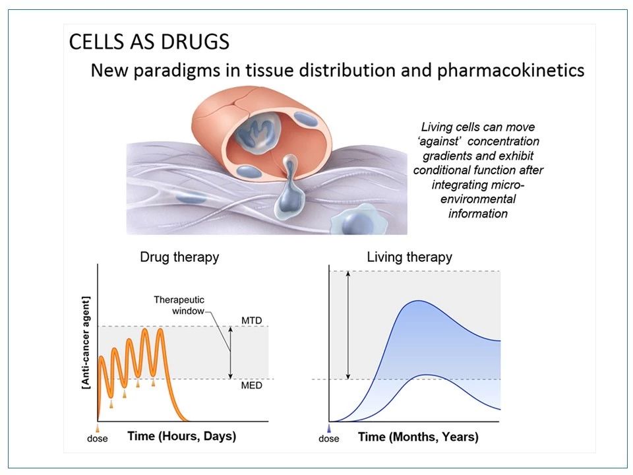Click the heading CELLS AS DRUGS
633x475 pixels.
tap(149, 42)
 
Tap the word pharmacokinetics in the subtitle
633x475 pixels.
tap(510, 71)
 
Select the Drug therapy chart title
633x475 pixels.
tap(179, 257)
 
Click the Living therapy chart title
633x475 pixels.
tap(409, 257)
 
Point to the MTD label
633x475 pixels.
tap(251, 321)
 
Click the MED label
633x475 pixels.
tap(251, 385)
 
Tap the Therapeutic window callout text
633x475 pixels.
tap(179, 305)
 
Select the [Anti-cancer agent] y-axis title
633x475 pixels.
tap(86, 343)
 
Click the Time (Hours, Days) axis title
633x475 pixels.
tap(182, 436)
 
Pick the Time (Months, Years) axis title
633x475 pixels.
tap(418, 437)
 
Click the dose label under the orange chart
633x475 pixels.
tap(98, 439)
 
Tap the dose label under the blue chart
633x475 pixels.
tap(328, 439)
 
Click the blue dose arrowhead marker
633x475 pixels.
tap(328, 427)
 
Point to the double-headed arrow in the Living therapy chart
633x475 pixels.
tap(349, 325)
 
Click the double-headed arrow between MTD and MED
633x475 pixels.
tap(231, 352)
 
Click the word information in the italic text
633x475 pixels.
tap(477, 213)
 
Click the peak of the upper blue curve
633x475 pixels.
tap(415, 301)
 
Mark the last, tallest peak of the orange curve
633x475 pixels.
tap(160, 330)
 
